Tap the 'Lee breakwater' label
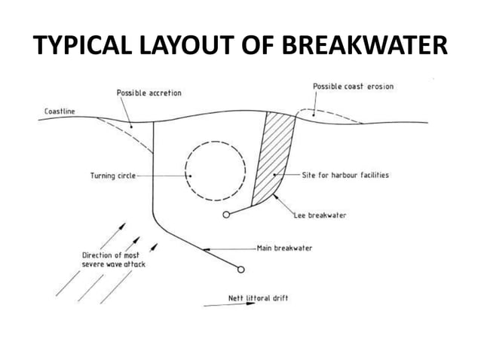click(320, 215)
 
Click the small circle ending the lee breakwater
click(227, 215)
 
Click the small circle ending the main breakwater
click(240, 269)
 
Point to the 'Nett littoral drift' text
click(258, 298)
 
